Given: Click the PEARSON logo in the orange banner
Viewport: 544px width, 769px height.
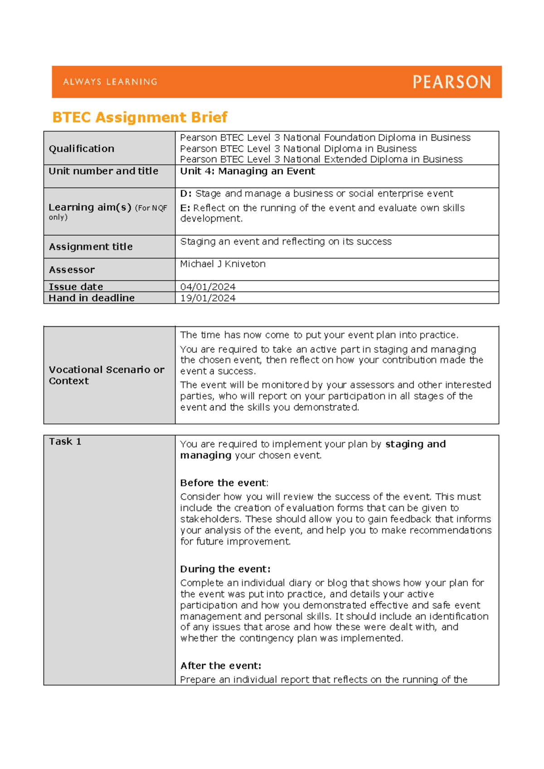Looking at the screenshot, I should point(452,82).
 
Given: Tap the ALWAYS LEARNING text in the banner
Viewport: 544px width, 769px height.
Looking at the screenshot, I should point(110,82).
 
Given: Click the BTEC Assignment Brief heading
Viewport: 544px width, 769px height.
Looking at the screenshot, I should point(140,117).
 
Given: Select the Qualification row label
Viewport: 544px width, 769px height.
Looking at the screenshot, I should point(82,149).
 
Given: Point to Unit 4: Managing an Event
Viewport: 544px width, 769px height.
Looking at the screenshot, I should point(248,171).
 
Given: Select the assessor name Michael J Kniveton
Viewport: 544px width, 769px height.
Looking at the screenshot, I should point(223,264).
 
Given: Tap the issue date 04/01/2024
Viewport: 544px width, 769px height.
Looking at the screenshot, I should point(208,287).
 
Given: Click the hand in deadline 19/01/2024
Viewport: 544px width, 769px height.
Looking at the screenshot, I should point(208,298).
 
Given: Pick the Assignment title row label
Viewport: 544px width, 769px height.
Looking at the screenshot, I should point(91,247).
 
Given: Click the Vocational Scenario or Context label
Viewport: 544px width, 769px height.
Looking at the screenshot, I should point(106,375).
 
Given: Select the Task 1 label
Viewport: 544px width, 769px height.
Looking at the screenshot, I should point(65,442).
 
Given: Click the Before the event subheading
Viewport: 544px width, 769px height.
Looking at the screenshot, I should point(223,483).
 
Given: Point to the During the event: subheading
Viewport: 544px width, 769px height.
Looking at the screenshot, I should point(225,569).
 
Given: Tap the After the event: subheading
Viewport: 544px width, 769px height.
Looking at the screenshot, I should point(220,666).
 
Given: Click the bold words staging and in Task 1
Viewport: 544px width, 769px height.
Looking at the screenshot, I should point(415,444).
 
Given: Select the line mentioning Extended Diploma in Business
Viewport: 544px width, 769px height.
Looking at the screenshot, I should point(321,160).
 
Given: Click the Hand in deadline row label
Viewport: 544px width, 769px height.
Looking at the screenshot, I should point(92,298).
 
